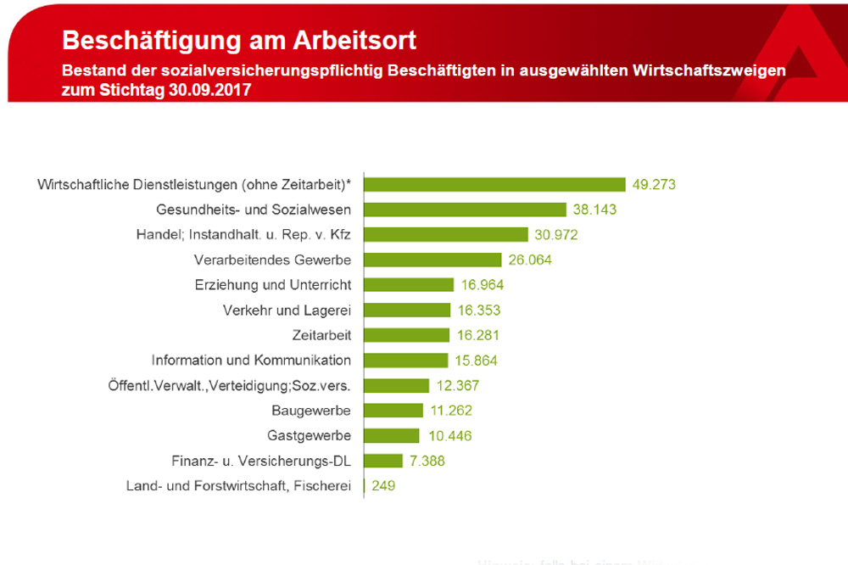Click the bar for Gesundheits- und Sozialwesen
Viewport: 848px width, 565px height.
pos(465,210)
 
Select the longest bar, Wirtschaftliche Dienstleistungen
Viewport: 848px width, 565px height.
pos(494,184)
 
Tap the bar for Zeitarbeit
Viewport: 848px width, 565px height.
pos(406,335)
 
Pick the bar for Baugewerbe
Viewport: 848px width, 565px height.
pos(393,411)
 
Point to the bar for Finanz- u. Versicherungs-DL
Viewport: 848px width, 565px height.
pos(383,461)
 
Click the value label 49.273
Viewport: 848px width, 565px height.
pos(654,184)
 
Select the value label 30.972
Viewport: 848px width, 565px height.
pos(556,234)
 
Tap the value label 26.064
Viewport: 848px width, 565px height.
pos(528,260)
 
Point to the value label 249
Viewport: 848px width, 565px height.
pos(382,486)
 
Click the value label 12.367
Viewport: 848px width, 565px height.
pos(458,385)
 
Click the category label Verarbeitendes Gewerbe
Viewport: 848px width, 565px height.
pos(272,259)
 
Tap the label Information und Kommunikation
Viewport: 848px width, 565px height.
pos(251,360)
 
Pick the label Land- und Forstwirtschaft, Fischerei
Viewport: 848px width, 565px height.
pos(238,486)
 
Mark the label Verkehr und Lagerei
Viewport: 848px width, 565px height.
pos(286,310)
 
